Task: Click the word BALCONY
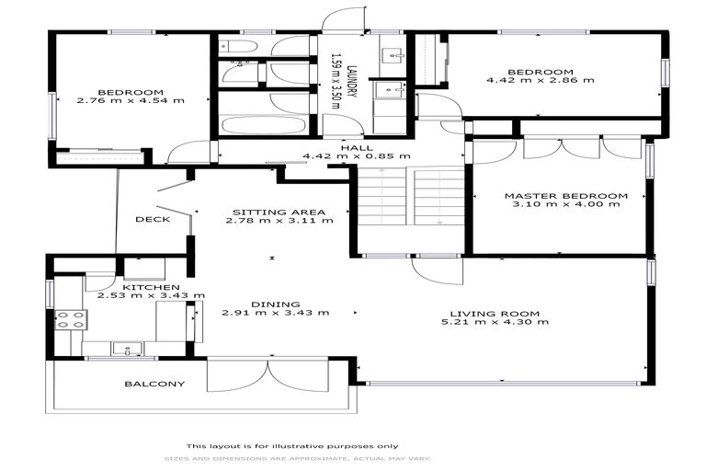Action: pyautogui.click(x=154, y=384)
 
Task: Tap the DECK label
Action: pyautogui.click(x=152, y=219)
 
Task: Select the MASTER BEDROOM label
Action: pyautogui.click(x=565, y=195)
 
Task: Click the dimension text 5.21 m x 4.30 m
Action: pyautogui.click(x=507, y=322)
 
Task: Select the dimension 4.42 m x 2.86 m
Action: pyautogui.click(x=541, y=81)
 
